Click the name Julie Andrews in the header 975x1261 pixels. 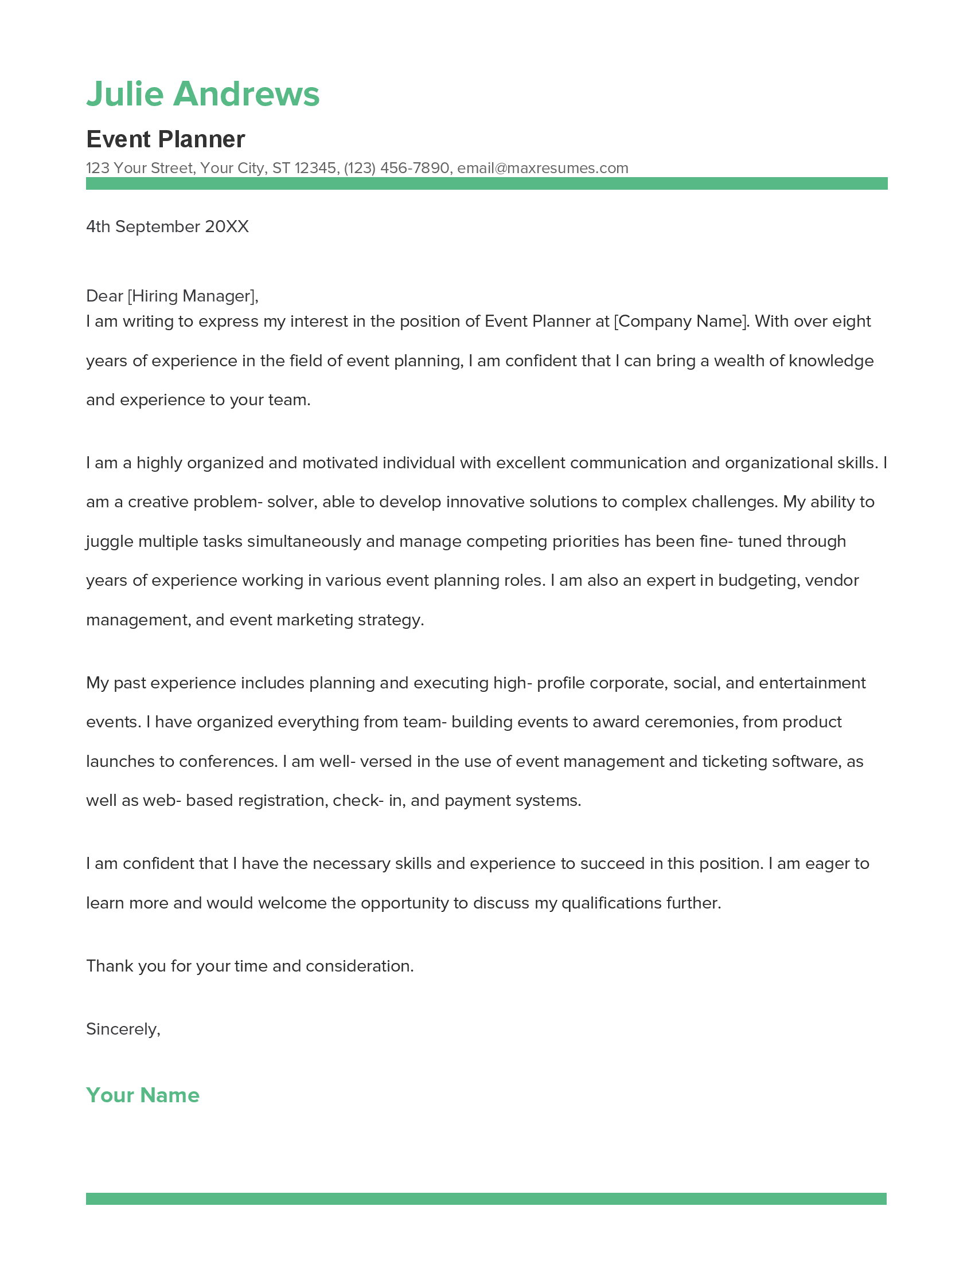coord(202,94)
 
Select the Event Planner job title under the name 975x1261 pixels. coord(165,139)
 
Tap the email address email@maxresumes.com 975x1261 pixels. coord(543,168)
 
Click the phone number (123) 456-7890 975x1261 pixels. coord(396,168)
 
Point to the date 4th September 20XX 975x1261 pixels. coord(167,226)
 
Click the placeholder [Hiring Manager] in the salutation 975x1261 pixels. coord(191,296)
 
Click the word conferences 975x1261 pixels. coord(228,762)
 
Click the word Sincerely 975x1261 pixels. coord(122,1029)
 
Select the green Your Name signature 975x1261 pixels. coord(142,1095)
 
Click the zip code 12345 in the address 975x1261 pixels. coord(315,168)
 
